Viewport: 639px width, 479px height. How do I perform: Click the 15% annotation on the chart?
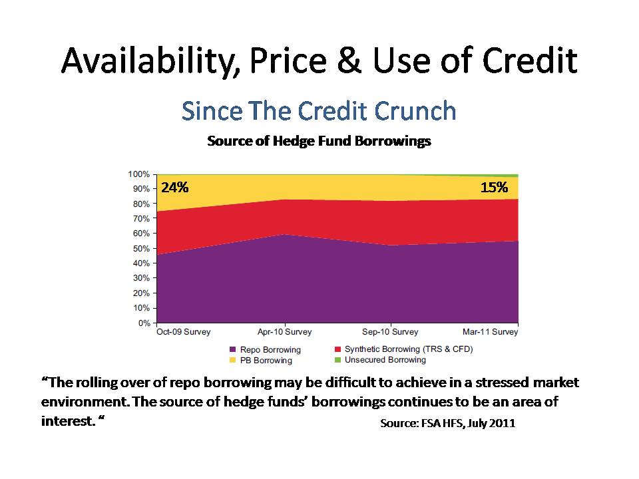click(x=494, y=188)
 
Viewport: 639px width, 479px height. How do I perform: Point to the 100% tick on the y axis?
click(x=138, y=174)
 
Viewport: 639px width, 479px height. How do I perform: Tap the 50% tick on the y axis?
click(x=140, y=249)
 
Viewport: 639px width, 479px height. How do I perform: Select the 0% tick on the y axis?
click(x=143, y=323)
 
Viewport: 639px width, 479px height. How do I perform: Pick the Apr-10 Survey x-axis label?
click(x=285, y=332)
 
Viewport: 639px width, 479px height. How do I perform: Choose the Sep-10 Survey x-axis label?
click(x=390, y=332)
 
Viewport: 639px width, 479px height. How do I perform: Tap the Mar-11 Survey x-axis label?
click(x=491, y=332)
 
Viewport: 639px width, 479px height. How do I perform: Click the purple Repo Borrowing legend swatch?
click(x=232, y=349)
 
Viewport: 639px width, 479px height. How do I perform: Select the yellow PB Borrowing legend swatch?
click(x=232, y=360)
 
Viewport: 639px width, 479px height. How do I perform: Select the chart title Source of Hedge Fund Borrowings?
click(x=319, y=141)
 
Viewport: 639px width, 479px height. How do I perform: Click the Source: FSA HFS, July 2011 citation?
click(x=447, y=423)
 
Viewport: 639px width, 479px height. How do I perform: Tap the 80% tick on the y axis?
click(x=140, y=204)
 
